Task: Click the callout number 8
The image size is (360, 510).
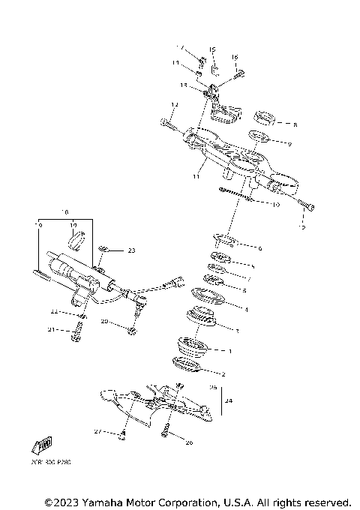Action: [x=295, y=124]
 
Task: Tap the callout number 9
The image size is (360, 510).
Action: [x=289, y=143]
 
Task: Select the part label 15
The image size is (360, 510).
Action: [x=211, y=50]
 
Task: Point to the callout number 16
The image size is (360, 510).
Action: [x=234, y=57]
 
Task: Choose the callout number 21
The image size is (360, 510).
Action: [x=52, y=329]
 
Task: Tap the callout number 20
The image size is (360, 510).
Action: [x=105, y=321]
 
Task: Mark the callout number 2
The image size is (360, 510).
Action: [x=222, y=373]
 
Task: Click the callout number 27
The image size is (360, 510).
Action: [x=97, y=433]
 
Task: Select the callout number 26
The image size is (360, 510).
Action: [x=189, y=442]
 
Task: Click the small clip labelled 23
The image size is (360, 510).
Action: [x=107, y=250]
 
